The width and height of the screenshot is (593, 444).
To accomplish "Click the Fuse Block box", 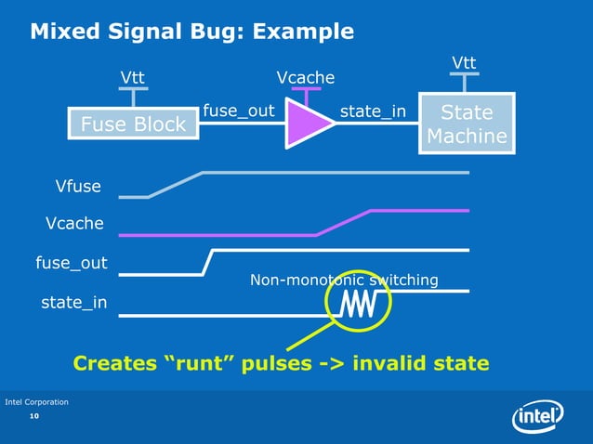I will click(x=134, y=124).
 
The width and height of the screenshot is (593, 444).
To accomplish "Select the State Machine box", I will click(x=467, y=124).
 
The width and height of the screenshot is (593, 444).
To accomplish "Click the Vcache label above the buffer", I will click(x=306, y=77).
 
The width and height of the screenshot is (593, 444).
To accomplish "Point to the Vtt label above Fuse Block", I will click(x=133, y=76).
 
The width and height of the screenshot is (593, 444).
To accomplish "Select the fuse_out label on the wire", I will click(x=238, y=111).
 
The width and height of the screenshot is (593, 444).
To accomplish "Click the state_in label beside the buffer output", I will click(x=373, y=111).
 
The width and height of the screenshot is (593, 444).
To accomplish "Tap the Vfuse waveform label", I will click(x=79, y=189).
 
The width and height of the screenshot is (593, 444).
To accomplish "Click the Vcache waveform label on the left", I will click(x=75, y=223).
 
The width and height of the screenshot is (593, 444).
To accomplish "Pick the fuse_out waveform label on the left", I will click(x=71, y=264).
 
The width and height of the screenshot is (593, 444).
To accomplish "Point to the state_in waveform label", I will click(x=73, y=303).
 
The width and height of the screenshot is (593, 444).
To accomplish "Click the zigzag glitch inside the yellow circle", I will click(x=357, y=304).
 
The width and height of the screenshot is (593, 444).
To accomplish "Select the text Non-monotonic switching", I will click(x=344, y=280).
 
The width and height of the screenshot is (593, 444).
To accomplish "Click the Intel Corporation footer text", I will click(x=37, y=401).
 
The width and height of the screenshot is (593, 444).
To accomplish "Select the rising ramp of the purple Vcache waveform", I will click(x=344, y=223).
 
